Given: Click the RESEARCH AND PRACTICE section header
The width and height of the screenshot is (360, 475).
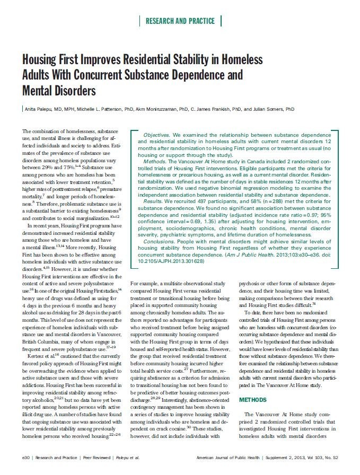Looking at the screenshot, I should point(180,21).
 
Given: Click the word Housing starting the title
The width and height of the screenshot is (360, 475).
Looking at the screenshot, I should point(44,59).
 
